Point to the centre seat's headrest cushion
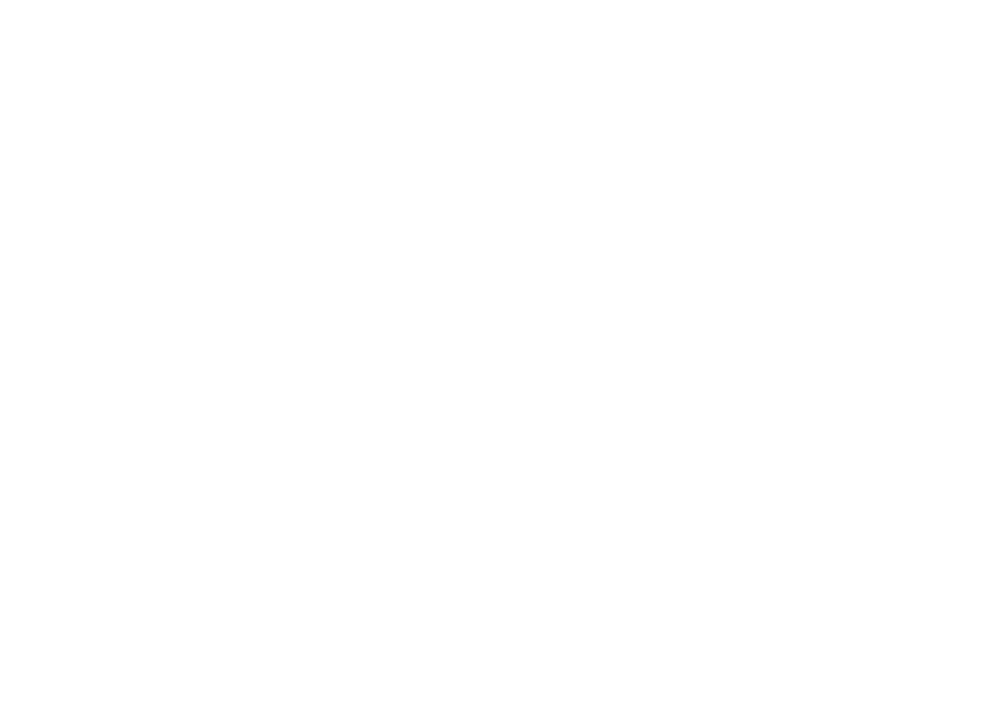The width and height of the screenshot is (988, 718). click(x=685, y=98)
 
